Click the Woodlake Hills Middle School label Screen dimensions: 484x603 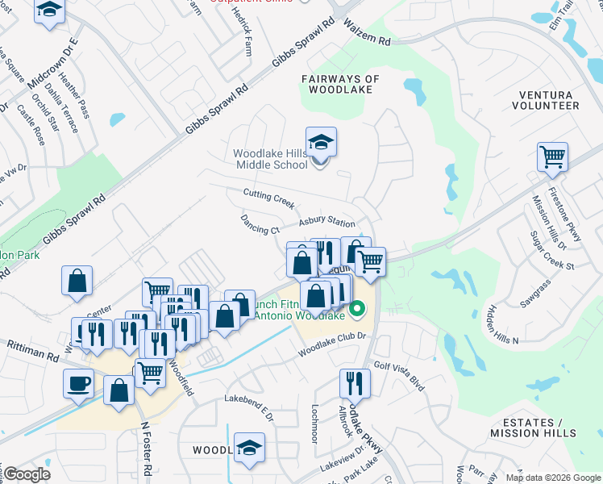coord(270,159)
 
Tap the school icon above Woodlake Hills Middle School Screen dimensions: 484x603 coord(321,143)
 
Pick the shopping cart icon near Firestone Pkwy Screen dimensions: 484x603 coord(553,157)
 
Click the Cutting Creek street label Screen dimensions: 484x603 coord(269,198)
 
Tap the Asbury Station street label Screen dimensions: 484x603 coord(326,223)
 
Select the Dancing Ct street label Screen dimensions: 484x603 coord(260,224)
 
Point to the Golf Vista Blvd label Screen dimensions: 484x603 coord(398,377)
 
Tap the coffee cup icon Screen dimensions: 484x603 coord(79,384)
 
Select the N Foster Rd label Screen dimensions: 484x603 coord(147,447)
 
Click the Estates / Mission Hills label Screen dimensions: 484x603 coord(533,428)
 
